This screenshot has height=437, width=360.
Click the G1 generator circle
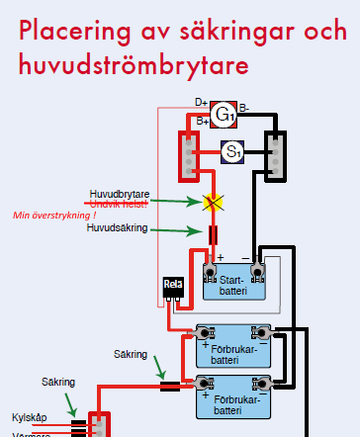[225, 116]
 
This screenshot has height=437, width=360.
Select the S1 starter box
[231, 152]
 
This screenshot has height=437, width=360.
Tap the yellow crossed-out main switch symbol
[211, 202]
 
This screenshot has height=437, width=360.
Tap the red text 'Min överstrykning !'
[54, 214]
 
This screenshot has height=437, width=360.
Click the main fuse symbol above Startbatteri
[213, 235]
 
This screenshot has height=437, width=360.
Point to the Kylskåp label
[30, 417]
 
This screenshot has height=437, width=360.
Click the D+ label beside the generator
[201, 102]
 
